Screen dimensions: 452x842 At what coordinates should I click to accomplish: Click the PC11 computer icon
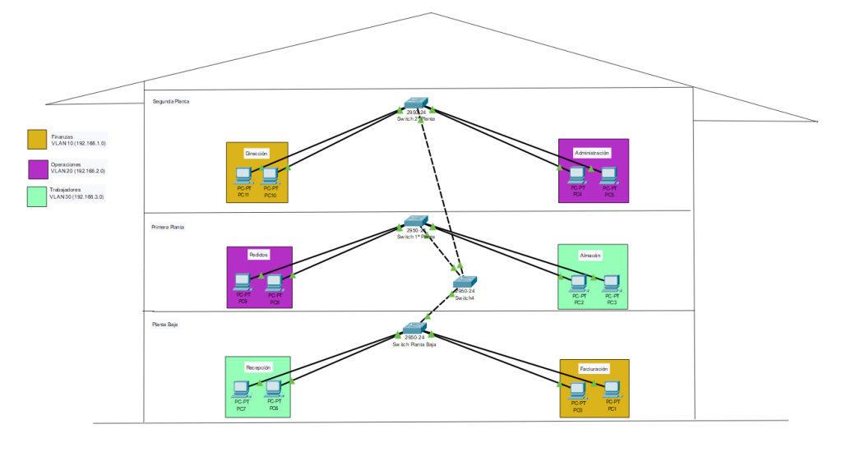(243, 175)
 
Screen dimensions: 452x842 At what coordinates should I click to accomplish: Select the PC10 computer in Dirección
(270, 175)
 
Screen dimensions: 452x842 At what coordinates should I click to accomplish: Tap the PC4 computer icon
(577, 174)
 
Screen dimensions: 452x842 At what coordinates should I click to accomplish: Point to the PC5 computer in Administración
(608, 174)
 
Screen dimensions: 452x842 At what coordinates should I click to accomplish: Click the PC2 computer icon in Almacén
(579, 283)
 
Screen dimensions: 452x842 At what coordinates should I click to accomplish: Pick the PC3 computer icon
(611, 283)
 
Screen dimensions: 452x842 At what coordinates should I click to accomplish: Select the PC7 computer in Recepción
(241, 388)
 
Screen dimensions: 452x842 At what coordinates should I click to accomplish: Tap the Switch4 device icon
(465, 283)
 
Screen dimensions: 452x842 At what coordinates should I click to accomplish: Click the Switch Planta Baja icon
(414, 328)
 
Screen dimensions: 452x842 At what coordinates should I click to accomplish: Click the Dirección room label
(257, 154)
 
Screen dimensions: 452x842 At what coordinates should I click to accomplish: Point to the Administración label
(592, 153)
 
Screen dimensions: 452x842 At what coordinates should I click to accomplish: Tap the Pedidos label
(258, 255)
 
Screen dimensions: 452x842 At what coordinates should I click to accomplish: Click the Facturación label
(594, 369)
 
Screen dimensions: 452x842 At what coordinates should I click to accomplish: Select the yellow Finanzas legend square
(37, 139)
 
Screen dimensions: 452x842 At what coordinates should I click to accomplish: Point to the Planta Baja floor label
(164, 325)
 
